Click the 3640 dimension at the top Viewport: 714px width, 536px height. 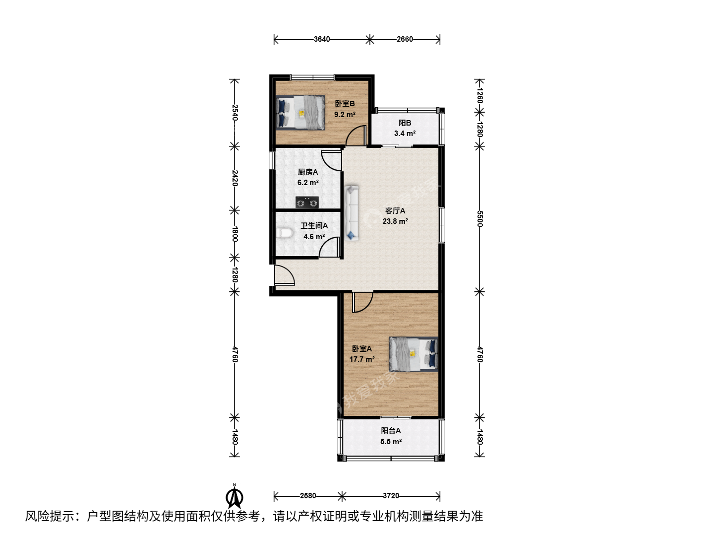(322, 39)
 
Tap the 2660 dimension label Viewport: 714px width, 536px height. (405, 39)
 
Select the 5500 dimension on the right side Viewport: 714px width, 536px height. (480, 219)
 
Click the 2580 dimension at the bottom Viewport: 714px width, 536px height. (308, 496)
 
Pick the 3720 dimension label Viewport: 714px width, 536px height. (391, 496)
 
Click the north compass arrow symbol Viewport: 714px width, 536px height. (234, 496)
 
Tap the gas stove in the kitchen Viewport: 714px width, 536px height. (307, 202)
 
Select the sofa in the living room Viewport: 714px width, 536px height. (352, 213)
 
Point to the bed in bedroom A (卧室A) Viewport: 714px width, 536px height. (414, 354)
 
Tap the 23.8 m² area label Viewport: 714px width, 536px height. (395, 221)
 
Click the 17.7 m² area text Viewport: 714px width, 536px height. (362, 359)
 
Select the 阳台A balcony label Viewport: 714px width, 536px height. (391, 431)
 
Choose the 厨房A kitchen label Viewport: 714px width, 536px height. (308, 172)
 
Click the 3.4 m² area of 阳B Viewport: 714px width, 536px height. (405, 134)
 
